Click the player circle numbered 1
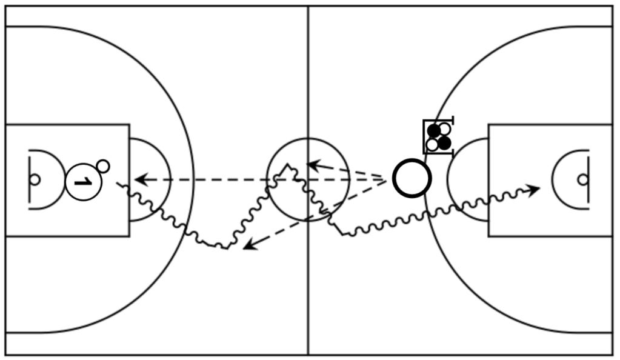(84, 181)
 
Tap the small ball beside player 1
(103, 166)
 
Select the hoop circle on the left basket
(35, 179)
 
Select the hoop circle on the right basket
(582, 179)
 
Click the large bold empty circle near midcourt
(412, 178)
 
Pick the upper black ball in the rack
(433, 130)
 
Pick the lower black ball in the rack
(444, 143)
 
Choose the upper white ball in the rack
(444, 129)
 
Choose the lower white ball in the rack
(432, 144)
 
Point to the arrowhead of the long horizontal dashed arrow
(139, 179)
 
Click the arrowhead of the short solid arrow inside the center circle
(311, 164)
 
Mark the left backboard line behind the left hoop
(29, 179)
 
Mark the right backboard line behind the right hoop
(588, 179)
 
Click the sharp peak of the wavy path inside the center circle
(288, 164)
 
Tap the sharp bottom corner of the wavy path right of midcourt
(343, 235)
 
